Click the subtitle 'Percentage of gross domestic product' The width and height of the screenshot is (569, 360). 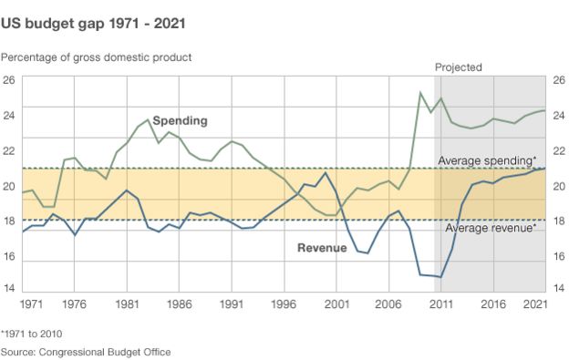click(x=96, y=57)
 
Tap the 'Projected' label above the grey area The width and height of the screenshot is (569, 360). click(x=459, y=67)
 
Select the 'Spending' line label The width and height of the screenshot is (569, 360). click(x=180, y=120)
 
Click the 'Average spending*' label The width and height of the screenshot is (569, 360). click(x=486, y=160)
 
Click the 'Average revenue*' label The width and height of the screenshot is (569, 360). click(x=489, y=228)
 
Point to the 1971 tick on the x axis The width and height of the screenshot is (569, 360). click(x=32, y=303)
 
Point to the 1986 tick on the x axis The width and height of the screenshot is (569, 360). click(x=179, y=303)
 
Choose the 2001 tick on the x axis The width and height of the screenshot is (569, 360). click(x=336, y=303)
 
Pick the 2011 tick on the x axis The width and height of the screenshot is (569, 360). click(x=441, y=303)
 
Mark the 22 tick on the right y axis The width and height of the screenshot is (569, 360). click(x=559, y=150)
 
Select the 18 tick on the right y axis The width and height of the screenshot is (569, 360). click(x=559, y=220)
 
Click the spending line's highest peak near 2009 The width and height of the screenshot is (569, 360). click(x=420, y=92)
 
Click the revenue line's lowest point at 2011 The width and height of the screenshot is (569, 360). click(x=441, y=276)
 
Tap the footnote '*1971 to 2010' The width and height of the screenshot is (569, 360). click(x=32, y=334)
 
